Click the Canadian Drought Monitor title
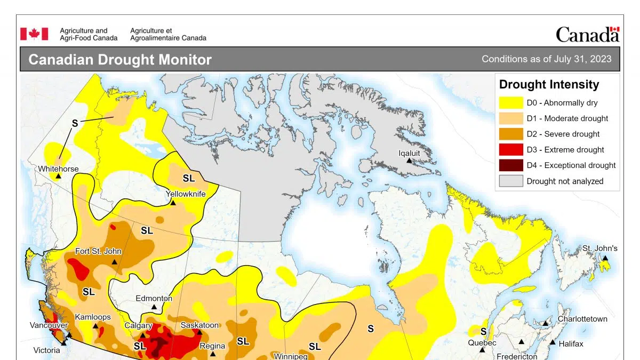click(120, 59)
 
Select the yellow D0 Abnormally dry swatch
click(510, 103)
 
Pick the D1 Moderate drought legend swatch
click(510, 118)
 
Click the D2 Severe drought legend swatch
click(510, 134)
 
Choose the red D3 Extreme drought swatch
click(510, 150)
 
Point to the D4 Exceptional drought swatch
click(510, 165)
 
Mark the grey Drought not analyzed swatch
click(510, 181)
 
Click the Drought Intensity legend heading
click(549, 84)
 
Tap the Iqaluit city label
click(410, 153)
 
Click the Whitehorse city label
click(58, 169)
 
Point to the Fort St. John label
click(98, 251)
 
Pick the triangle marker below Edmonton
click(154, 307)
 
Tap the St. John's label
click(599, 248)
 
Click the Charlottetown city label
click(582, 319)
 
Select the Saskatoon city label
click(199, 325)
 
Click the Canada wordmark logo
click(587, 35)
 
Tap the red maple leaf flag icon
click(34, 34)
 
